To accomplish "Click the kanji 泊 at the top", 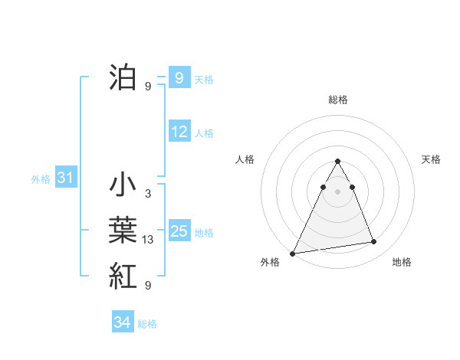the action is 123,77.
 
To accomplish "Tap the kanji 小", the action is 123,186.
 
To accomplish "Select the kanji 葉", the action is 123,231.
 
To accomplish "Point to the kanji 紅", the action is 123,275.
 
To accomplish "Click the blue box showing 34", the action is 122,322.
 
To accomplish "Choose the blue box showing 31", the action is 64,178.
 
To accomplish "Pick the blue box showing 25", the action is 179,231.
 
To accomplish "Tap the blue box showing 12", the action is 179,132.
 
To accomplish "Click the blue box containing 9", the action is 179,78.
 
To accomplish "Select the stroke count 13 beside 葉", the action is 148,241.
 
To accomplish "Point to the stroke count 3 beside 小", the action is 147,195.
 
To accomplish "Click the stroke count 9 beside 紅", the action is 147,286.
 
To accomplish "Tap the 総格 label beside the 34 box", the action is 147,324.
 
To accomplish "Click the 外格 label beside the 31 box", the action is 41,179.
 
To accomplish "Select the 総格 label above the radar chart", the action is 337,100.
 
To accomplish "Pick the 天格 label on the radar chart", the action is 431,159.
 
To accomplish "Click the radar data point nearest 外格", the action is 293,253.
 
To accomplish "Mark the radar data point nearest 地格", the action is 374,242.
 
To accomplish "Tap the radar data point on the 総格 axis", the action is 337,162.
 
